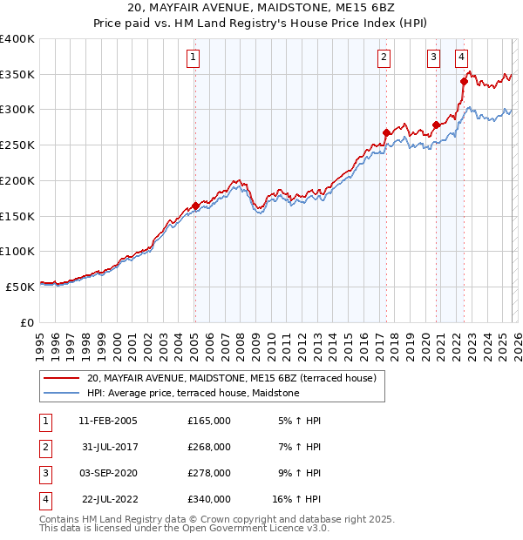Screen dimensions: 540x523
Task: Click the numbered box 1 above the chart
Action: [x=192, y=58]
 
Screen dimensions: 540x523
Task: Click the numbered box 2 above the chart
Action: [x=384, y=58]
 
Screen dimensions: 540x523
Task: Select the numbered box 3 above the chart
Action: [x=433, y=58]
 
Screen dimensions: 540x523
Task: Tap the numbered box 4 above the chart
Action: [x=460, y=58]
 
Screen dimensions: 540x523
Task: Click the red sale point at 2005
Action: [x=195, y=206]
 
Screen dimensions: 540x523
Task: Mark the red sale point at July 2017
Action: [x=386, y=132]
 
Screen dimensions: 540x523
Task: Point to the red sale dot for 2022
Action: [x=464, y=82]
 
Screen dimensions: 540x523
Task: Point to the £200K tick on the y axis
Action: [x=17, y=180]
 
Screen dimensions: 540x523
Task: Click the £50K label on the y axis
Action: [x=20, y=287]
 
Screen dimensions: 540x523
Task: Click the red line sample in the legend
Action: [x=61, y=379]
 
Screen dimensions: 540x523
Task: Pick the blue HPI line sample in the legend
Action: [x=61, y=394]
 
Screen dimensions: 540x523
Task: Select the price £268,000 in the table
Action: [x=209, y=447]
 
